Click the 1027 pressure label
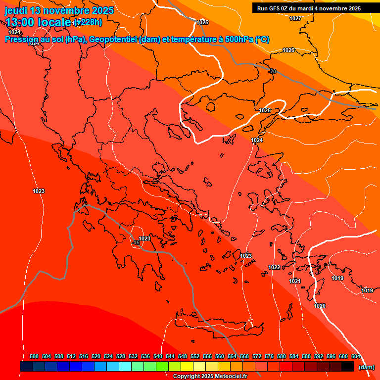(x=295, y=18)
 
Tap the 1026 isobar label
(x=288, y=50)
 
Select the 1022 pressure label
(x=274, y=267)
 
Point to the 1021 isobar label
(x=295, y=281)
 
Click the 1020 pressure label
(x=320, y=306)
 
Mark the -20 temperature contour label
(x=272, y=71)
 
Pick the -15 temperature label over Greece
(x=136, y=242)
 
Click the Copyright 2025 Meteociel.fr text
(x=210, y=376)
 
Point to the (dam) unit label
(x=366, y=367)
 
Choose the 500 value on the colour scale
(x=34, y=356)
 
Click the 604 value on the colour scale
(x=356, y=356)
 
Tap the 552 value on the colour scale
(x=195, y=356)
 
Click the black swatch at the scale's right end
(x=348, y=367)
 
